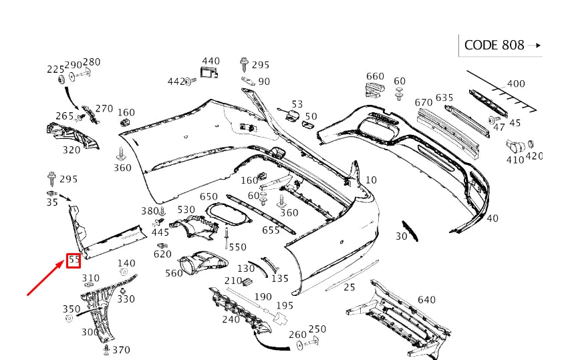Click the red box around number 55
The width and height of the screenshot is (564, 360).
click(x=74, y=260)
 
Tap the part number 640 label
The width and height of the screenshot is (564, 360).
click(x=426, y=300)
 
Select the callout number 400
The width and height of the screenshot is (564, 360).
click(x=516, y=84)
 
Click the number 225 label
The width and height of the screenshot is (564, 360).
click(x=55, y=69)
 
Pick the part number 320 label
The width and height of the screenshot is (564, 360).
click(x=72, y=150)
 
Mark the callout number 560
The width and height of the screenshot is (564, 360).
click(x=174, y=273)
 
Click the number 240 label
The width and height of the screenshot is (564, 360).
click(x=231, y=319)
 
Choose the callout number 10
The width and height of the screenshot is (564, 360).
click(x=371, y=180)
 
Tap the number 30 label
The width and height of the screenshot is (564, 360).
click(x=401, y=236)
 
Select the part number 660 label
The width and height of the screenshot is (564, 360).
click(x=375, y=77)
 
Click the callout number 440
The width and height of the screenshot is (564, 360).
click(x=210, y=61)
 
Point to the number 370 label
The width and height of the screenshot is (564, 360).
click(x=121, y=349)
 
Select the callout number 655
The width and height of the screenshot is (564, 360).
click(x=271, y=230)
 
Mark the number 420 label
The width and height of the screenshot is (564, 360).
click(x=534, y=156)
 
